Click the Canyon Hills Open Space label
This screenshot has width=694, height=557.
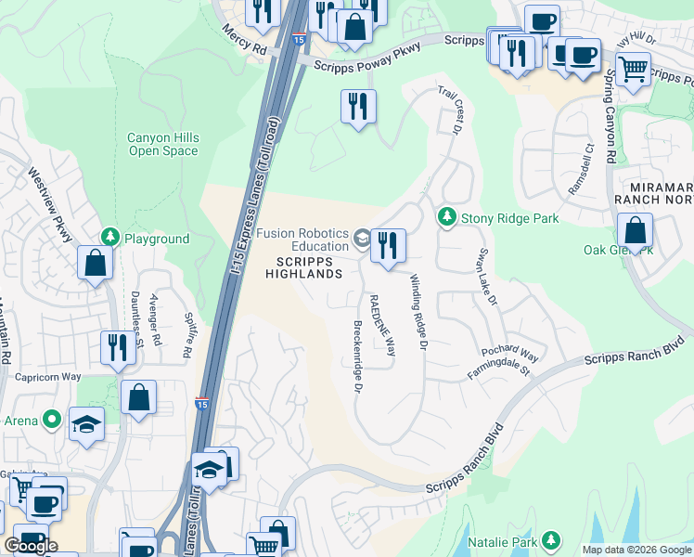click(x=162, y=144)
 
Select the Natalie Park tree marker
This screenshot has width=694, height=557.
click(x=552, y=539)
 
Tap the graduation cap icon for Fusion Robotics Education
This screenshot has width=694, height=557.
click(x=361, y=240)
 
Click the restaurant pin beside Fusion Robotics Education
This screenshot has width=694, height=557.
click(x=387, y=245)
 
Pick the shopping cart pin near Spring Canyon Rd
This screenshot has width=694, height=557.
click(x=633, y=68)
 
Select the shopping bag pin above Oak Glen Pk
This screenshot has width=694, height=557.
click(x=635, y=229)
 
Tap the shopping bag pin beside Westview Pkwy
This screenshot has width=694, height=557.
click(x=95, y=263)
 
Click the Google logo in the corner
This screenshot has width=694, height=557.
click(x=31, y=546)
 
